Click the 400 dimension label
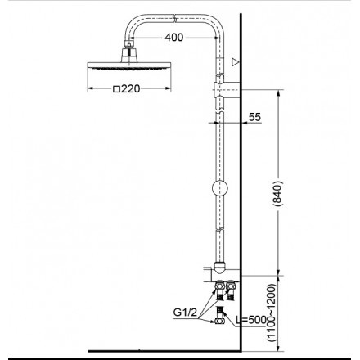pos(172,38)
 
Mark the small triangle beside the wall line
pos(236,61)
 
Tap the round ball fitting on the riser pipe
pos(218,188)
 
